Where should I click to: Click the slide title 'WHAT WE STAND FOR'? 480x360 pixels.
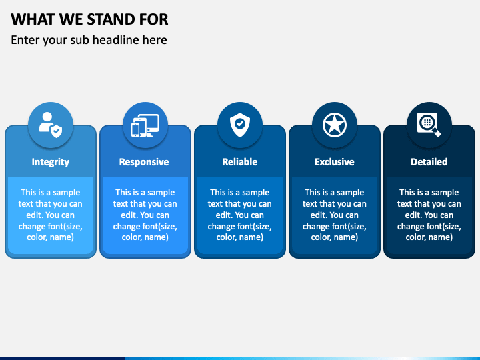pyautogui.click(x=89, y=18)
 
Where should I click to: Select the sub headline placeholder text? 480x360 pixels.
pyautogui.click(x=89, y=40)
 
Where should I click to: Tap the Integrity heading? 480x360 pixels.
pyautogui.click(x=51, y=162)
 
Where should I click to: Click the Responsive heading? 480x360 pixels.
pyautogui.click(x=144, y=162)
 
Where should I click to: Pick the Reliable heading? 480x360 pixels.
pyautogui.click(x=240, y=162)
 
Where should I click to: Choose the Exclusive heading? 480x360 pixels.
pyautogui.click(x=335, y=162)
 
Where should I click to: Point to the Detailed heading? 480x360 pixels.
pyautogui.click(x=429, y=162)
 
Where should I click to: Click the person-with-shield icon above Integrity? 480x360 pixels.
pyautogui.click(x=51, y=125)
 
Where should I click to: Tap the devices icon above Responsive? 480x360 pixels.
pyautogui.click(x=145, y=125)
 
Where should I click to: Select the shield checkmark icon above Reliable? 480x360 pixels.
pyautogui.click(x=240, y=125)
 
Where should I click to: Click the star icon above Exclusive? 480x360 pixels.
pyautogui.click(x=335, y=125)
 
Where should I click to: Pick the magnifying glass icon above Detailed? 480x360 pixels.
pyautogui.click(x=429, y=125)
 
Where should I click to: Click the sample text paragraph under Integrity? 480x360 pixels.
pyautogui.click(x=51, y=215)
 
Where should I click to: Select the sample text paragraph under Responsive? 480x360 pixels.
pyautogui.click(x=145, y=215)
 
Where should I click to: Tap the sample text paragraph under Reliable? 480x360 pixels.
pyautogui.click(x=240, y=215)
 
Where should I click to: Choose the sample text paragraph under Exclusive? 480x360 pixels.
pyautogui.click(x=335, y=215)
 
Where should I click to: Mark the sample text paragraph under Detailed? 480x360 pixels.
pyautogui.click(x=429, y=215)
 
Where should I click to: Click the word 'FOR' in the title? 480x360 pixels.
pyautogui.click(x=154, y=18)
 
